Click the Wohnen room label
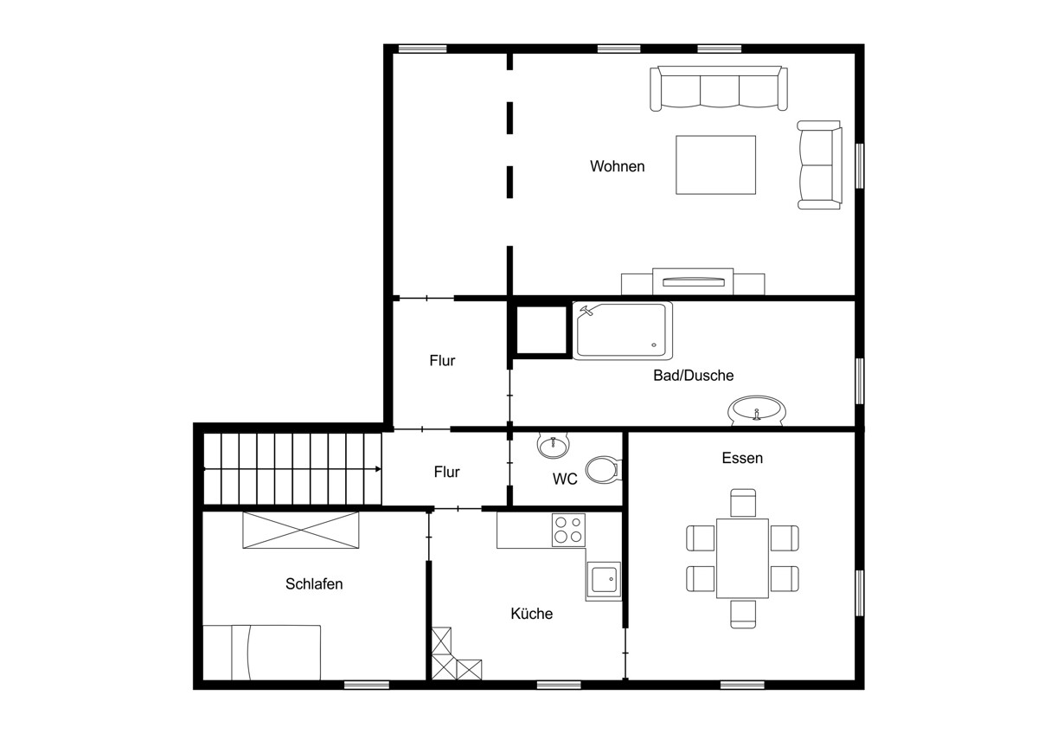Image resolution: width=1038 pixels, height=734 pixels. click(x=618, y=166)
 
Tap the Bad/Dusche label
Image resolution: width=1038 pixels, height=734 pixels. click(x=693, y=375)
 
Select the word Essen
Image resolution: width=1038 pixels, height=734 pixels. click(x=742, y=458)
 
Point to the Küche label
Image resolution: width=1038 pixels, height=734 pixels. click(x=531, y=614)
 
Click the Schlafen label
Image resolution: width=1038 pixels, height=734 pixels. click(x=314, y=583)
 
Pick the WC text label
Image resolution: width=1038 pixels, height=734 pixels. click(x=565, y=479)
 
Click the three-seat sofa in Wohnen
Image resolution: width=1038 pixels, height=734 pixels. click(x=719, y=88)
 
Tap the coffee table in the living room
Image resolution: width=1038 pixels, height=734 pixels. click(x=715, y=164)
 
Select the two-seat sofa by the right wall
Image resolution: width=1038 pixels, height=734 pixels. click(x=819, y=165)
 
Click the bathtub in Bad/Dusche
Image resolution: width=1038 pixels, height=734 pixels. click(x=622, y=331)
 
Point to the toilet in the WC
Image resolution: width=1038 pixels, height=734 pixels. click(x=604, y=470)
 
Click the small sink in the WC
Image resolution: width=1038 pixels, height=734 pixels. click(x=554, y=446)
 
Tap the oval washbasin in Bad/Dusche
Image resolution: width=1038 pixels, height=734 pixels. click(x=757, y=410)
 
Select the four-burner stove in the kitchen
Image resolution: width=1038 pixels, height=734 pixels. click(x=568, y=530)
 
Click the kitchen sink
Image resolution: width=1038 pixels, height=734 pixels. click(x=604, y=579)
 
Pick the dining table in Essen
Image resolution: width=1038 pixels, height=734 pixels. click(x=742, y=558)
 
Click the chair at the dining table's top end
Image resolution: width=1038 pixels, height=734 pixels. click(x=743, y=503)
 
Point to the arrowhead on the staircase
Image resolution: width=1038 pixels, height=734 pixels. click(x=378, y=469)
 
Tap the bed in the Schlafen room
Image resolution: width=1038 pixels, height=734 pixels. click(x=262, y=653)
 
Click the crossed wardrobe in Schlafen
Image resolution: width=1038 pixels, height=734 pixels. click(x=301, y=530)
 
